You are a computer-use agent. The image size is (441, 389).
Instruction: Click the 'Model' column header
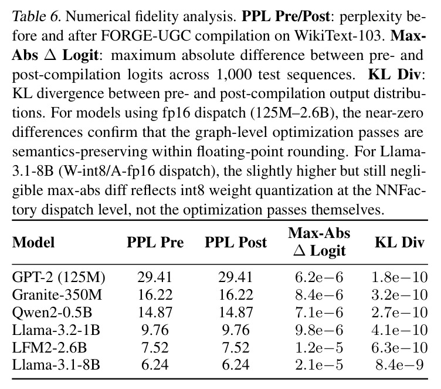pyautogui.click(x=33, y=243)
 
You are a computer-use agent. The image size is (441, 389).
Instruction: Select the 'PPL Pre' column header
pyautogui.click(x=155, y=243)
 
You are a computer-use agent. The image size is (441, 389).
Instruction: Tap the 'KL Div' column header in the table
pyautogui.click(x=399, y=243)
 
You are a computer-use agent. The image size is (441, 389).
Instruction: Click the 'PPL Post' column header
pyautogui.click(x=236, y=243)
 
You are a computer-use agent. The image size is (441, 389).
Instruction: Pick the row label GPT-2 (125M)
pyautogui.click(x=59, y=277)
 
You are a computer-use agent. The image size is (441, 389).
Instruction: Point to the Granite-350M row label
pyautogui.click(x=57, y=295)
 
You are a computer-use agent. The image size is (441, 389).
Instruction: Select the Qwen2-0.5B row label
pyautogui.click(x=52, y=313)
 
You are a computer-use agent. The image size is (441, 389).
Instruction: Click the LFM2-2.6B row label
pyautogui.click(x=49, y=347)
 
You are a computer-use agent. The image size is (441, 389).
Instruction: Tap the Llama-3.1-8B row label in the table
pyautogui.click(x=56, y=365)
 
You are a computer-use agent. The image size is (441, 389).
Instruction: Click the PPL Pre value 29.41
pyautogui.click(x=155, y=277)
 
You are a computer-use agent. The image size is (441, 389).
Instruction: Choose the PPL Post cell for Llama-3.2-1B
pyautogui.click(x=236, y=330)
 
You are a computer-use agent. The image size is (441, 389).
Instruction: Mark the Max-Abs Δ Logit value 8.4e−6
pyautogui.click(x=319, y=295)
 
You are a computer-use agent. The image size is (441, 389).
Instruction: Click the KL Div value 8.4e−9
pyautogui.click(x=399, y=365)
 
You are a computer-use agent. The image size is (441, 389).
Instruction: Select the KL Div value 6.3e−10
pyautogui.click(x=399, y=347)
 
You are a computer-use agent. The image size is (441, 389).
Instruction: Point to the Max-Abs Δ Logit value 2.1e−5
pyautogui.click(x=319, y=365)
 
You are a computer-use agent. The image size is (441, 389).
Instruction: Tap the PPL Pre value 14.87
pyautogui.click(x=155, y=313)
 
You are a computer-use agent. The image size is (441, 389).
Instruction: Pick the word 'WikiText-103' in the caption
pyautogui.click(x=338, y=36)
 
